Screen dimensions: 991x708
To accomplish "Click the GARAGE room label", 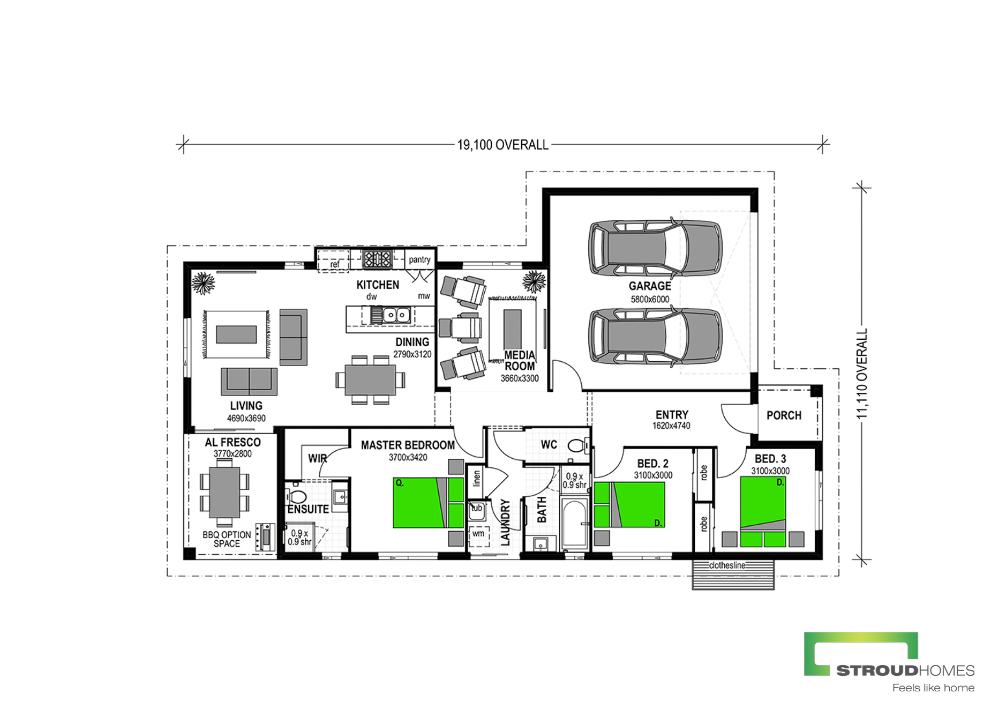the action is point(650,286).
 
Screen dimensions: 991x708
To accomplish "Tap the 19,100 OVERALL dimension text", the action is point(502,145).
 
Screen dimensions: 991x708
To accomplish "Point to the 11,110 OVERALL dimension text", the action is point(861,374).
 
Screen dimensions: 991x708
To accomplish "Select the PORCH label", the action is point(784,415).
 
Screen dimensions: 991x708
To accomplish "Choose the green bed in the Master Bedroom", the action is point(428,503).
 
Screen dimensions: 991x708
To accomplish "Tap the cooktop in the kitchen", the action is point(378,259).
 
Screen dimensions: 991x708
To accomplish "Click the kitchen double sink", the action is point(396,315).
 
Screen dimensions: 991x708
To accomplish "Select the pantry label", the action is point(419,259).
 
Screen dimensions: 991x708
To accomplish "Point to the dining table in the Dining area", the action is point(370,380).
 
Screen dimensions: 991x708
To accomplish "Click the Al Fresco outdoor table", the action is point(224,493).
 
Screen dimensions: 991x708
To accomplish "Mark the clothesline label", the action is point(727,565).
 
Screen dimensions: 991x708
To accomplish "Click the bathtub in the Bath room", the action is point(575,523).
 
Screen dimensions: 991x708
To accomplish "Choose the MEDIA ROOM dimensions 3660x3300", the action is point(520,378).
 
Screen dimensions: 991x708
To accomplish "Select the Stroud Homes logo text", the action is point(905,670).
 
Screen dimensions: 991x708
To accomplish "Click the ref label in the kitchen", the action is point(335,264).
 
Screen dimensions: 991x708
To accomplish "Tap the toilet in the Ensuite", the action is point(296,496).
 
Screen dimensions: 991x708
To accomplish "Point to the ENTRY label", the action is point(672,415).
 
